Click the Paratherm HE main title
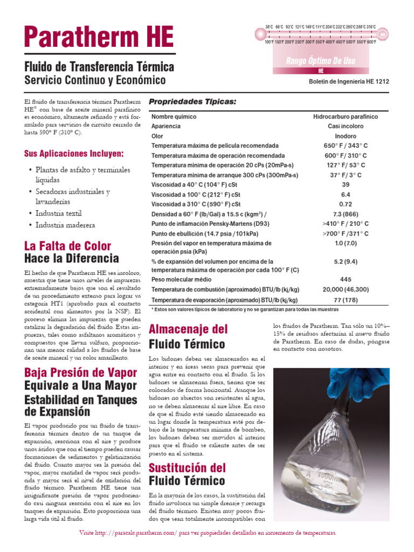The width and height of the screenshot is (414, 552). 99,38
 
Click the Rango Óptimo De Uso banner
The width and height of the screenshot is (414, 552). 320,61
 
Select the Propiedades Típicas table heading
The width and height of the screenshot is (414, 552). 192,101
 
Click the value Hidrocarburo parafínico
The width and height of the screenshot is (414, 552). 346,116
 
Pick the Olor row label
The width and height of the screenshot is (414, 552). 157,136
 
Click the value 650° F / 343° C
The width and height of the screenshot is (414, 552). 346,146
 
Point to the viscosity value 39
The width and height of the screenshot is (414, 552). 346,185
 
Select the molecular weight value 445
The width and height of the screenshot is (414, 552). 346,279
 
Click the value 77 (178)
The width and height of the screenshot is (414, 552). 346,300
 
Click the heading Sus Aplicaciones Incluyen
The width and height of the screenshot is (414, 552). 74,153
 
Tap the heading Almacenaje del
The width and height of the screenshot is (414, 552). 188,329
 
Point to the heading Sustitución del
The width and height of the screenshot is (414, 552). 187,467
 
